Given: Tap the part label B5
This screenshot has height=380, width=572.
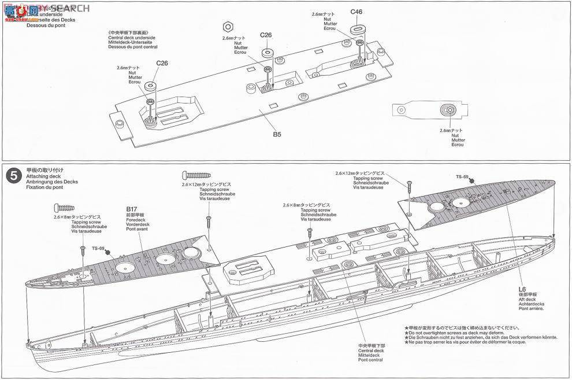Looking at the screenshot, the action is [277, 135].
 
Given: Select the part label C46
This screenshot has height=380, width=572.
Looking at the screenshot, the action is [356, 11].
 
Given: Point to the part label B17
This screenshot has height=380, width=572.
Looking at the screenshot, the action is [132, 208].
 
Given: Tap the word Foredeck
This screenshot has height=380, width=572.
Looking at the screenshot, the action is [135, 220].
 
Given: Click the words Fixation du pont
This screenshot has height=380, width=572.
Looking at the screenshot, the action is [43, 187].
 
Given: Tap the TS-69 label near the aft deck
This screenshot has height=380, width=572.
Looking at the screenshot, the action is [462, 176].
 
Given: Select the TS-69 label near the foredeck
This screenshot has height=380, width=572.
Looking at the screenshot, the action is [98, 249].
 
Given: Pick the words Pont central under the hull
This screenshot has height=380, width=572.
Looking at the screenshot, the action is [370, 360].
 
